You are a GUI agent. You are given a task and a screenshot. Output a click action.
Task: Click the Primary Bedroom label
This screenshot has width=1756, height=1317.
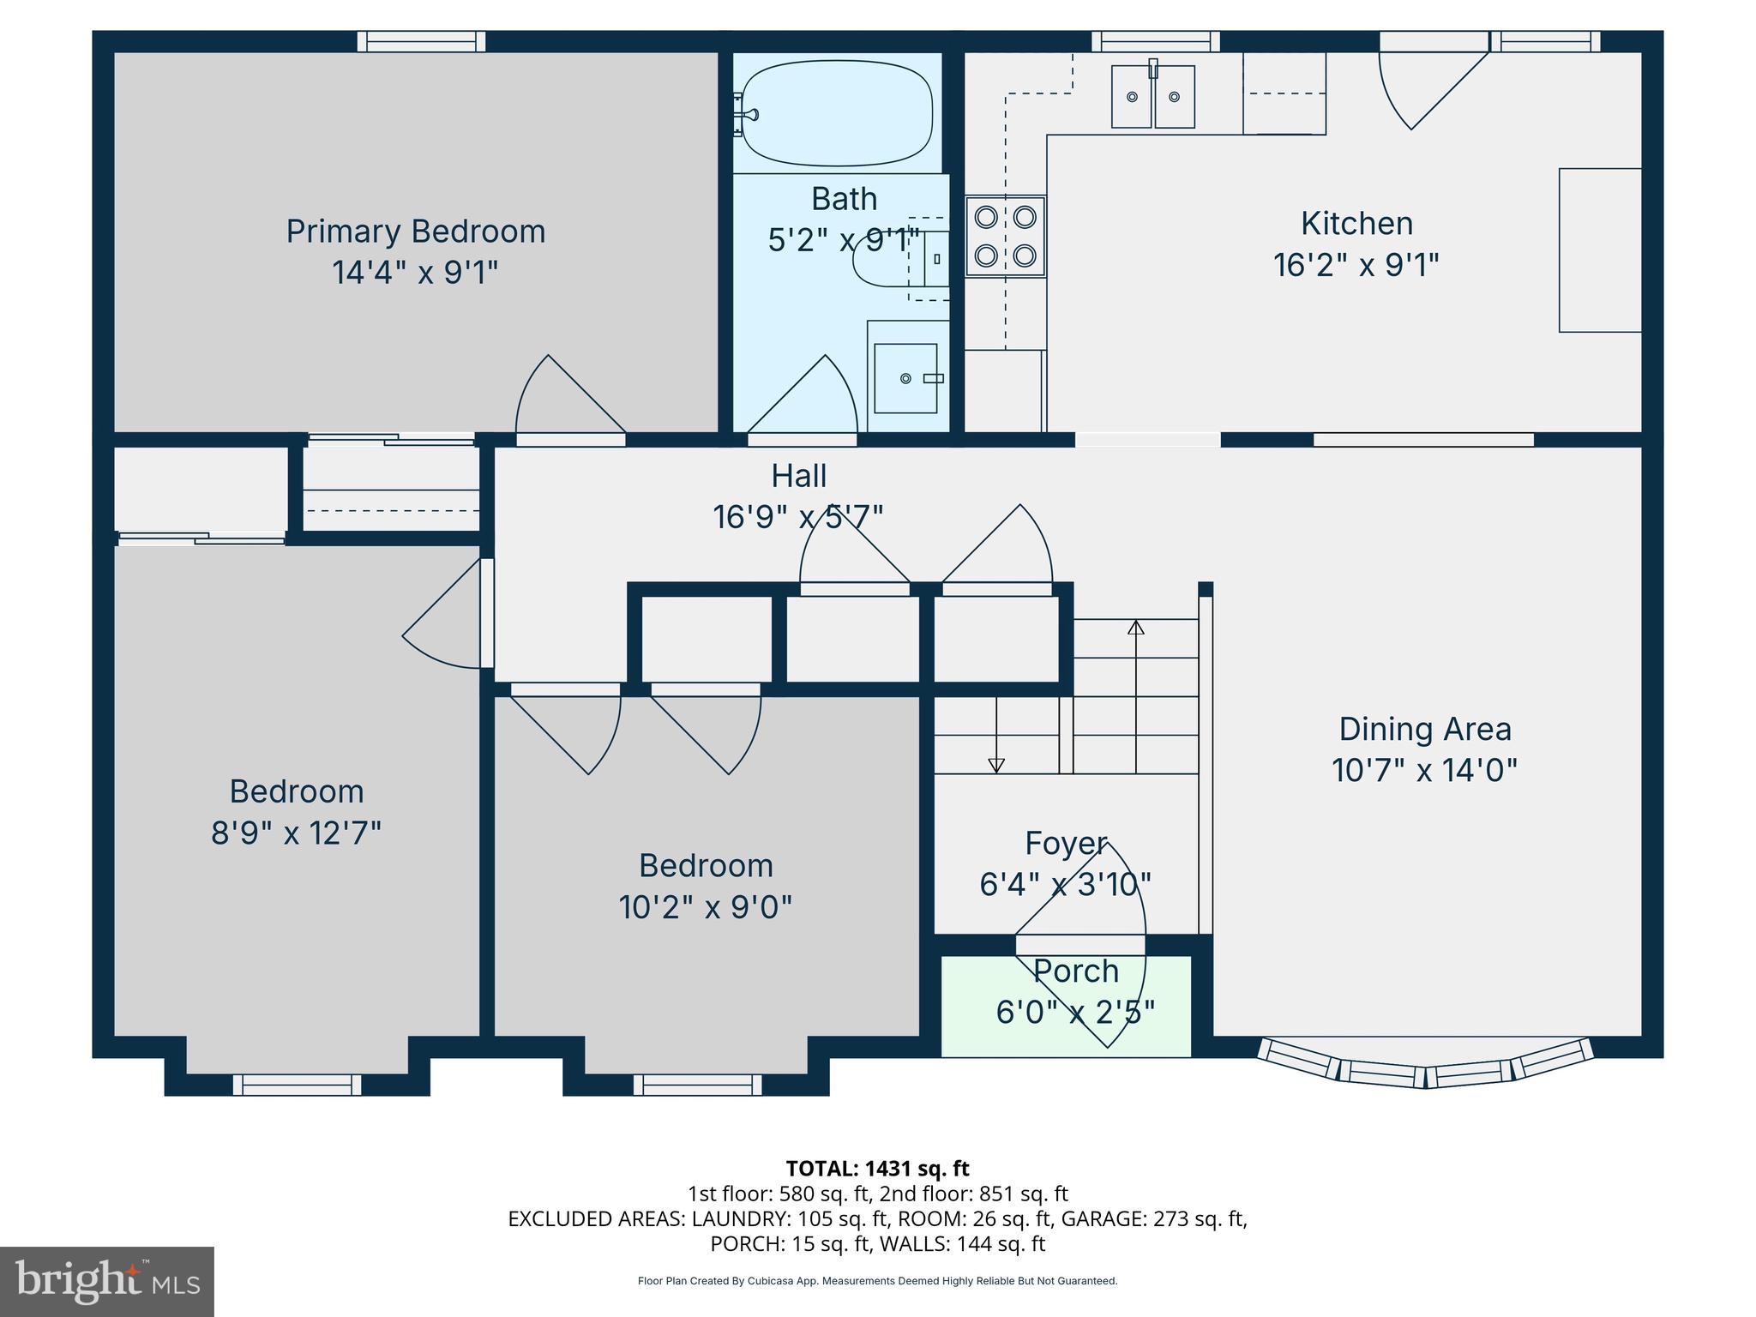point(415,232)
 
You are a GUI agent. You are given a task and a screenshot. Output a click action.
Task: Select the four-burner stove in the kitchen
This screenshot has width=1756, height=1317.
point(1005,236)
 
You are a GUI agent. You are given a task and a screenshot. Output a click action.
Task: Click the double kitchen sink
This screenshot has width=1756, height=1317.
point(1152,97)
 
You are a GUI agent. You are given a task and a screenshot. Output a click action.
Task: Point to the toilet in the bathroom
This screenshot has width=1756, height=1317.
point(900,258)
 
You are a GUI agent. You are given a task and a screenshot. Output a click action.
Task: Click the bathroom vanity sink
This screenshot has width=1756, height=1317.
point(906,378)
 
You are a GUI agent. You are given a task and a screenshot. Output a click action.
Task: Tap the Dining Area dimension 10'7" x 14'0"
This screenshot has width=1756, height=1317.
point(1424,770)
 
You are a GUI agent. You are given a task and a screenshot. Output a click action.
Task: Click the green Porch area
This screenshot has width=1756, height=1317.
point(1066,1006)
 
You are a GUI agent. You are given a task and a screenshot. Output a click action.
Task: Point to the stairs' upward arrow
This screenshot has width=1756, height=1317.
point(1135,628)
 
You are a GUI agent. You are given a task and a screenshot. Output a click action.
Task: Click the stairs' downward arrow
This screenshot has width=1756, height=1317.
point(995,764)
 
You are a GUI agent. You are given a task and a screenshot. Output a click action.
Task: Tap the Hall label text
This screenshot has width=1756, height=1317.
point(798,476)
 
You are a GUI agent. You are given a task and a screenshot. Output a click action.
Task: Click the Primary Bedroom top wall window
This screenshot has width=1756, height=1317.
point(421,41)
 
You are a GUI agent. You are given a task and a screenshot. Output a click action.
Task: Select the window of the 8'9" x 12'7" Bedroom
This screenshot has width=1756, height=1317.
point(297,1085)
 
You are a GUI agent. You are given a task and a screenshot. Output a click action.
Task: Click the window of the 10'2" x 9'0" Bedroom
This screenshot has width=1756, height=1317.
point(697,1085)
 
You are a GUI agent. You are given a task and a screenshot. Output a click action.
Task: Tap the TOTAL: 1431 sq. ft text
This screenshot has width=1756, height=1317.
point(877,1169)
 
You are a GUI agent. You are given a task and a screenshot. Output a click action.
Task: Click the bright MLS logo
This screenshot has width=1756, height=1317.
point(106,1281)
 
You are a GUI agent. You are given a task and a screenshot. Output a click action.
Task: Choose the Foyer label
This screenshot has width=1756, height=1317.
point(1066,844)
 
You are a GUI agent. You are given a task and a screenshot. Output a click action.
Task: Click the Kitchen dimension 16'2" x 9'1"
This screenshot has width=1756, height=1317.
point(1356,265)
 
